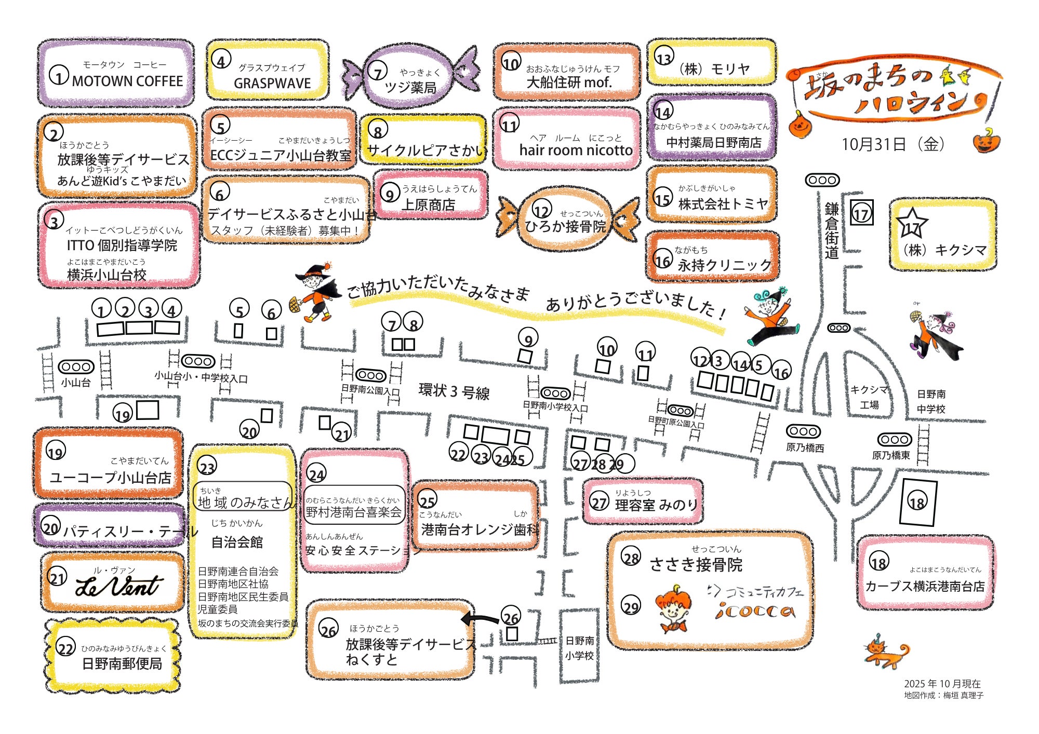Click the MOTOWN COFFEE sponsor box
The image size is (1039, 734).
116,73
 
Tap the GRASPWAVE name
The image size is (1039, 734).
272,83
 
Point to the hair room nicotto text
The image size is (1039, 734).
576,150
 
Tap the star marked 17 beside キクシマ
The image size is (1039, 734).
912,222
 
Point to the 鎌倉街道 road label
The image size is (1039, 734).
832,230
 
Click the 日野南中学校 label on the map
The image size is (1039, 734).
931,402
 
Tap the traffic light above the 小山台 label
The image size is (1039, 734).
76,367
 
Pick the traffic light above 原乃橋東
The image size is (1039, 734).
895,440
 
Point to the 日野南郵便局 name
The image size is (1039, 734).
122,663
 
